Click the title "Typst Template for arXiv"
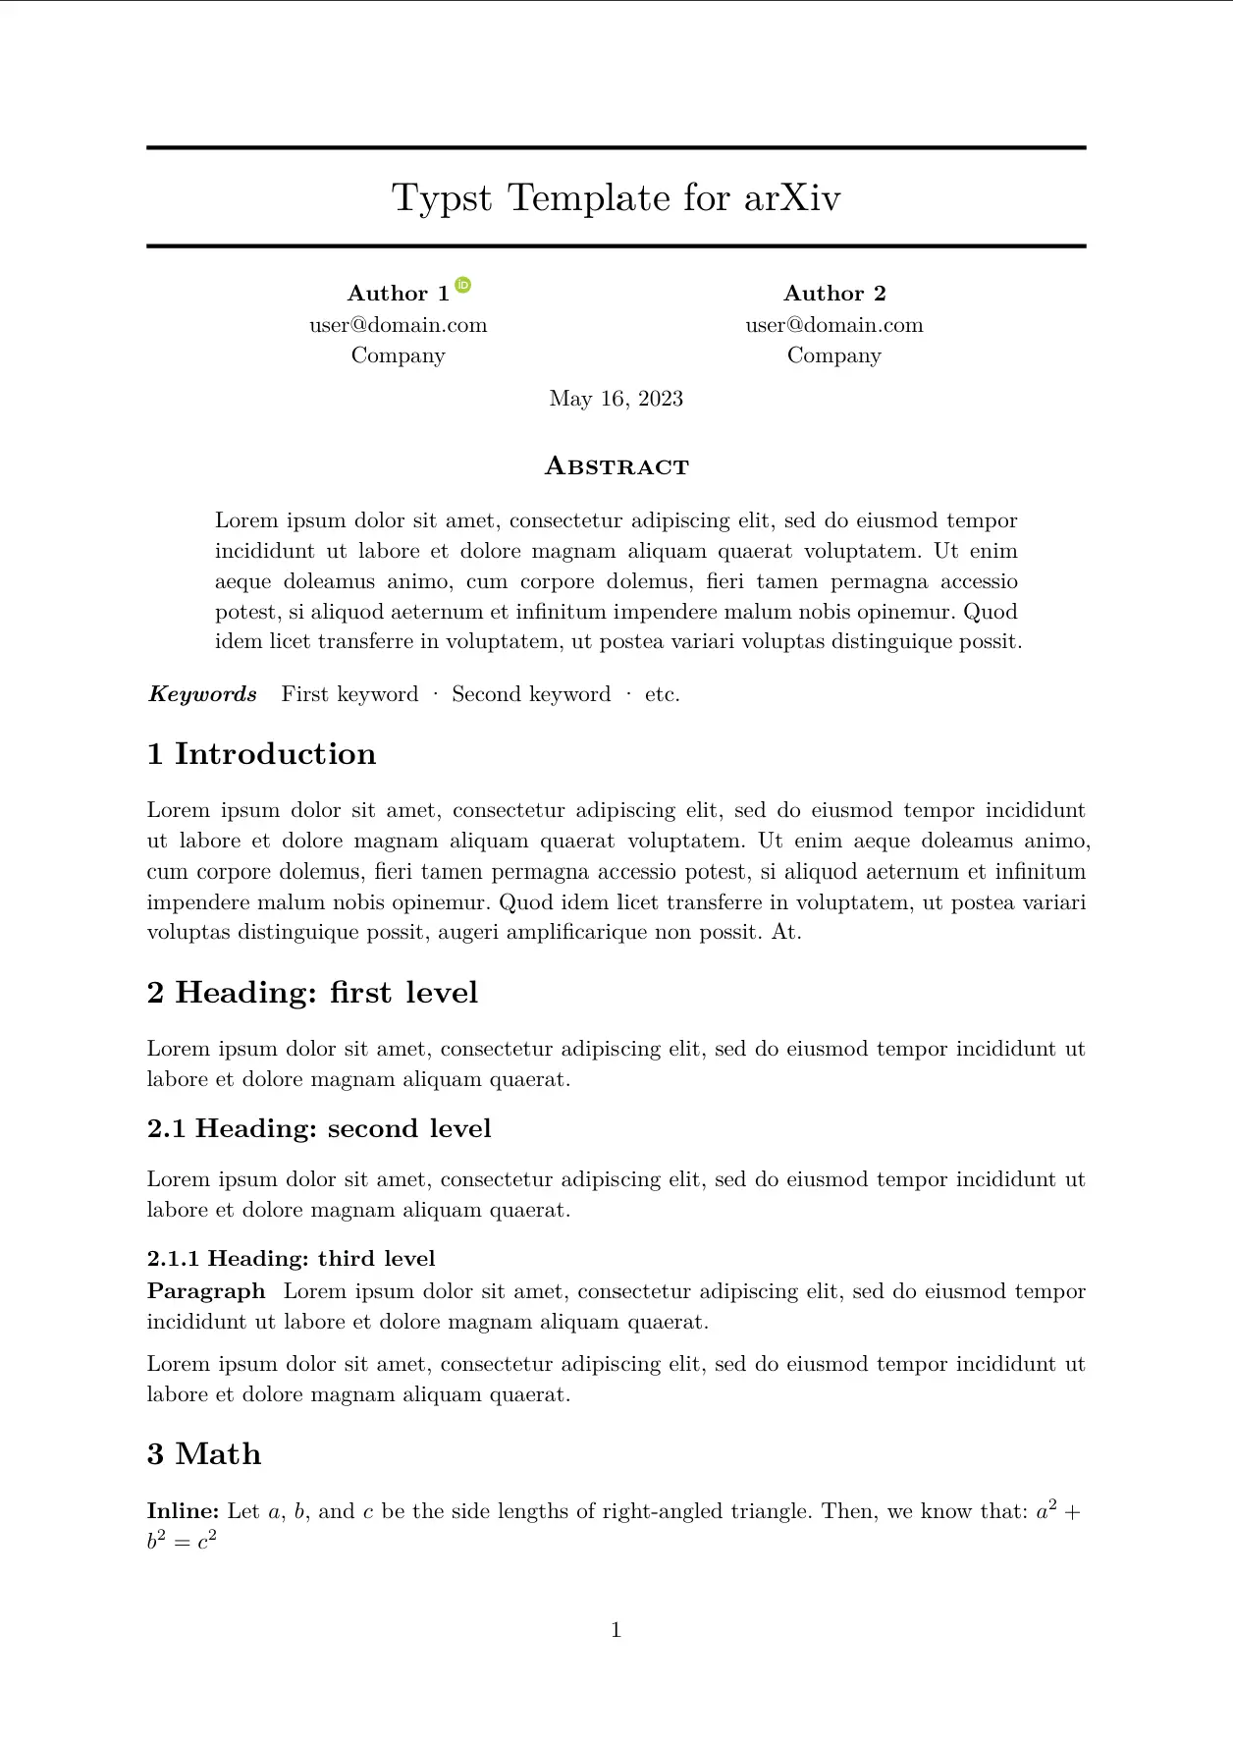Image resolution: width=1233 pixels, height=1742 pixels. coord(616,198)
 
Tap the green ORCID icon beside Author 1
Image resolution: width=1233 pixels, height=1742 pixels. coord(463,286)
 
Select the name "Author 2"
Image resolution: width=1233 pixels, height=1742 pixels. coord(834,294)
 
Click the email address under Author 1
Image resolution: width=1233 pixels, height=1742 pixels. coord(398,325)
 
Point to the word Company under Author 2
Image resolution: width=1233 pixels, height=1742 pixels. coord(833,355)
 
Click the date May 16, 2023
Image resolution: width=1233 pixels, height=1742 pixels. coord(616,399)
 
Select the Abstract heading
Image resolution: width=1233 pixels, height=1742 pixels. coord(616,466)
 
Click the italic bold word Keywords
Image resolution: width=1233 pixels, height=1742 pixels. coord(202,694)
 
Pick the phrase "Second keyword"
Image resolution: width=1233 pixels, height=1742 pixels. coord(531,694)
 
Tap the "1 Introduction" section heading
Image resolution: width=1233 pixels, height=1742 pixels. coord(261,754)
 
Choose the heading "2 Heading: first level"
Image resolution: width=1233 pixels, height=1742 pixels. coord(312,993)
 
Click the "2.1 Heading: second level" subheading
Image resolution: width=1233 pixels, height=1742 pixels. coord(319,1129)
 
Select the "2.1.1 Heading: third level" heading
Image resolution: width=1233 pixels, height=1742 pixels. coord(291,1259)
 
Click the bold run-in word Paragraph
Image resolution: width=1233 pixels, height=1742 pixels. coord(206,1291)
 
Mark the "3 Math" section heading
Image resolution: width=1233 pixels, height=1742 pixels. coord(204,1454)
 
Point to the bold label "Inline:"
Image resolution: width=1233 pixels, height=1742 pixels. coord(183,1511)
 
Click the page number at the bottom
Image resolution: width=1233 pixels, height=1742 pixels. coord(616,1631)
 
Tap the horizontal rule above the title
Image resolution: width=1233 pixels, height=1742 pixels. coord(616,148)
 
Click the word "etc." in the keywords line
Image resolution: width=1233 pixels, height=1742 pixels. coord(663,694)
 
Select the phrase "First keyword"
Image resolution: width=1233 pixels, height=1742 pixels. coord(349,694)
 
